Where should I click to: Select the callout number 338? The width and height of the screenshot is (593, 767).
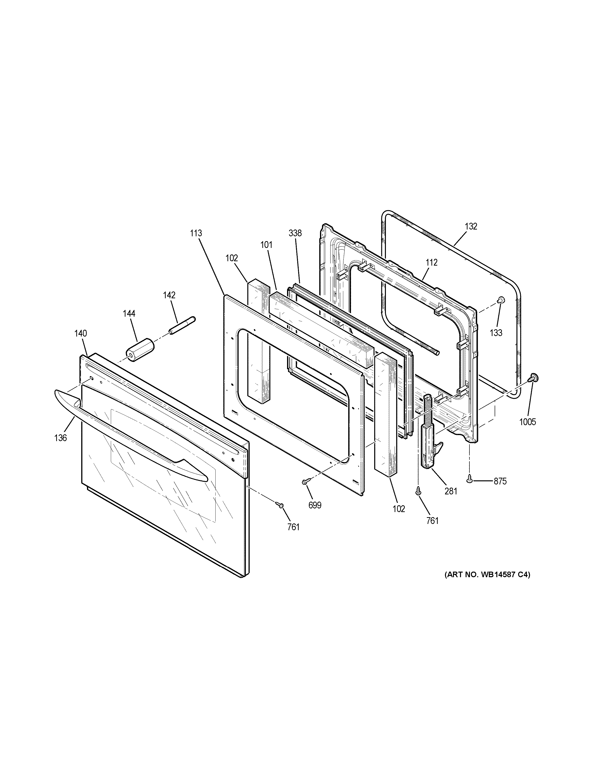click(x=295, y=233)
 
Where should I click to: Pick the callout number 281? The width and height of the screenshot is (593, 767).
click(x=451, y=491)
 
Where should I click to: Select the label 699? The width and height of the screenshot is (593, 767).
click(x=315, y=505)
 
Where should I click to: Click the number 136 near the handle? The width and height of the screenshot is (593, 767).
click(x=60, y=437)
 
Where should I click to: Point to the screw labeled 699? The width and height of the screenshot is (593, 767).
click(x=305, y=482)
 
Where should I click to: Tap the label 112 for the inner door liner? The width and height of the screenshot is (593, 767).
click(x=431, y=262)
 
